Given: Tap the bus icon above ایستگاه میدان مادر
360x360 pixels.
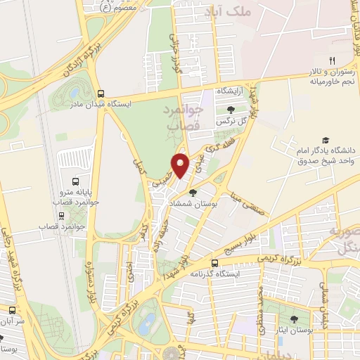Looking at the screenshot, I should coord(101,93).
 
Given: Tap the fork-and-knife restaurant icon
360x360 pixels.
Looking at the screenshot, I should coord(333,60).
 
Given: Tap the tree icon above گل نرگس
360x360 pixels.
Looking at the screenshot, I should coord(231,109).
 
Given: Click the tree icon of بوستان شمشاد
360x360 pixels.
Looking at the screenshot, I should coord(204,191).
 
